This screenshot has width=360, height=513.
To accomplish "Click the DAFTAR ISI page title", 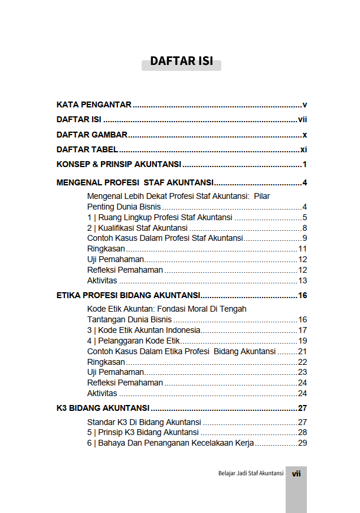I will [181, 61].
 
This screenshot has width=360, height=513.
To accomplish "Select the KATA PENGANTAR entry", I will [94, 104].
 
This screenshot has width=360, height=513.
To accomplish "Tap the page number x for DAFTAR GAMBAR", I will [305, 135].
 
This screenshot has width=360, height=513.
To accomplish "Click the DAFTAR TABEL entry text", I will [87, 149].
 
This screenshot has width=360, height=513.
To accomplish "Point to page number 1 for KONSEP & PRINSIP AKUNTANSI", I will [305, 165].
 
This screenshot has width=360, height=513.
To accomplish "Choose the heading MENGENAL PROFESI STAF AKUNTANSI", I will [135, 182].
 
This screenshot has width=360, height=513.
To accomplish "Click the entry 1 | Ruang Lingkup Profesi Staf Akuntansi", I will [159, 217].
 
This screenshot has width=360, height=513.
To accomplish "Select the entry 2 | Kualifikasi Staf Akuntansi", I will [137, 228].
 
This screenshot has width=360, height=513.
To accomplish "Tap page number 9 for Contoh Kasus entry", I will [305, 238].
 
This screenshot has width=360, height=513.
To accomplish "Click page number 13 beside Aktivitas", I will [303, 280].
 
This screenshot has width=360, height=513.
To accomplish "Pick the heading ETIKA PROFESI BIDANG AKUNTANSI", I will [128, 295].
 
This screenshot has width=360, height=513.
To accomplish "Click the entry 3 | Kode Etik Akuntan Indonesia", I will [143, 330].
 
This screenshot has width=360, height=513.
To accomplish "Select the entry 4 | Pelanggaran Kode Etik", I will [133, 341].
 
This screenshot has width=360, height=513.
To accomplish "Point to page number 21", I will [303, 351].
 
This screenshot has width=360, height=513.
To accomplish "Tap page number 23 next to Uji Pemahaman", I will [303, 372].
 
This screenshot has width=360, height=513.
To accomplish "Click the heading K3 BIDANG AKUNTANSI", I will [103, 407].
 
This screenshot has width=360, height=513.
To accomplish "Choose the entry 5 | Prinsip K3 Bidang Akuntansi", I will [143, 433].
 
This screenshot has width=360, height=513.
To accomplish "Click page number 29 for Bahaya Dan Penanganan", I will [303, 443].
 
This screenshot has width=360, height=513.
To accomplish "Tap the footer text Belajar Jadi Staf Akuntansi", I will [251, 473].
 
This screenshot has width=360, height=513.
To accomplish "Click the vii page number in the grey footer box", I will [296, 473].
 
